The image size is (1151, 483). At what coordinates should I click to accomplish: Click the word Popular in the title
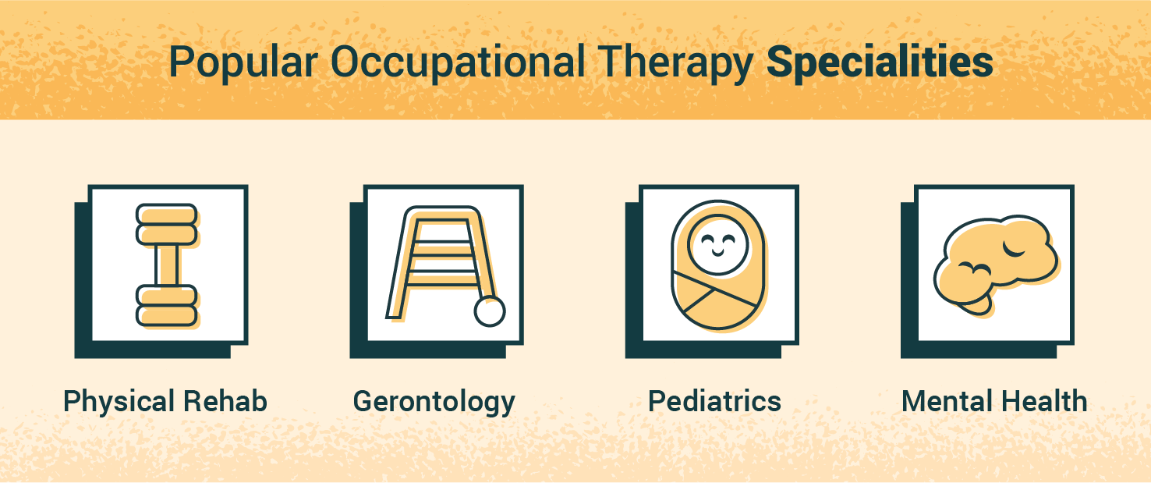click(x=243, y=62)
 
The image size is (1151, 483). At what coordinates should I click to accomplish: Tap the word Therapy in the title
click(x=676, y=62)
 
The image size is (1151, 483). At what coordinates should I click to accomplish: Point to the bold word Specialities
click(x=880, y=62)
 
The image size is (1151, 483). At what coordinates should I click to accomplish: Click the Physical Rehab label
click(x=165, y=402)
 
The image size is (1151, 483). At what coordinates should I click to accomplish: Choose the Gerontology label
click(x=434, y=402)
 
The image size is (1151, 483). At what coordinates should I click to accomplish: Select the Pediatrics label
click(x=714, y=401)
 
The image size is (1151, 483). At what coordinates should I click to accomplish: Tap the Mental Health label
click(x=994, y=401)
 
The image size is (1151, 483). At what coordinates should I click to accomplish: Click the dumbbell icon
click(x=167, y=265)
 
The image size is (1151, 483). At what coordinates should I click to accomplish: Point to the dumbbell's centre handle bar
click(x=167, y=265)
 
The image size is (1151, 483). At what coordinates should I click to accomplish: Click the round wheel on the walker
click(x=490, y=311)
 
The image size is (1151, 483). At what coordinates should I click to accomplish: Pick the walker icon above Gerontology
click(x=445, y=265)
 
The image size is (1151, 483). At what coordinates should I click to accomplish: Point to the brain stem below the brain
click(x=976, y=304)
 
